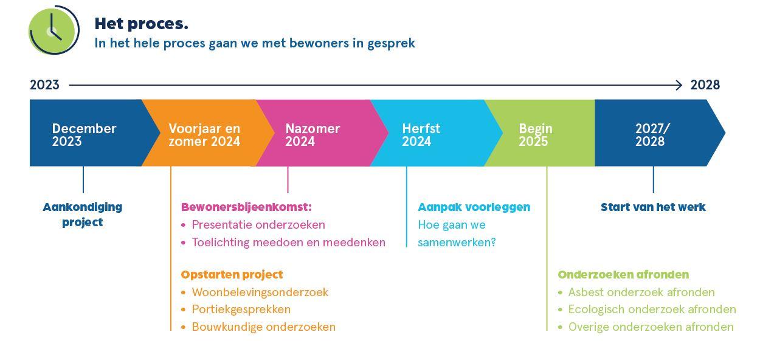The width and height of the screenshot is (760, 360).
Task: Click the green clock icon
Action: pyautogui.click(x=54, y=30)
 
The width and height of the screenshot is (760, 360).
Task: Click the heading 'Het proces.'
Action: pyautogui.click(x=141, y=24)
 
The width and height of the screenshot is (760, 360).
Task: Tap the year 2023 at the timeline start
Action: pyautogui.click(x=44, y=85)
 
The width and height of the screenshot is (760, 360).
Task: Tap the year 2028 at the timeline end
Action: pyautogui.click(x=705, y=85)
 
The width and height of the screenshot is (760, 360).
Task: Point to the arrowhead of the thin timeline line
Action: pyautogui.click(x=679, y=86)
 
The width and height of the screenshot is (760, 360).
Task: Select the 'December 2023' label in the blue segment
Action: pyautogui.click(x=84, y=135)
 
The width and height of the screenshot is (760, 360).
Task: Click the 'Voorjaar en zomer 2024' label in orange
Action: pyautogui.click(x=204, y=135)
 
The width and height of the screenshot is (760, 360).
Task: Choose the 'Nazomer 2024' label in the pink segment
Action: pyautogui.click(x=313, y=135)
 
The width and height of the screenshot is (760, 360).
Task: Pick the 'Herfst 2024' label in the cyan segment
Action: pyautogui.click(x=421, y=135)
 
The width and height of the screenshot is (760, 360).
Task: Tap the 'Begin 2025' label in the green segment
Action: pyautogui.click(x=535, y=135)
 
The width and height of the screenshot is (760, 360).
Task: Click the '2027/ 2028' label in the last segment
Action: pyautogui.click(x=652, y=135)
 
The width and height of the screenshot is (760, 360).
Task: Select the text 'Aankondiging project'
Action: pyautogui.click(x=83, y=215)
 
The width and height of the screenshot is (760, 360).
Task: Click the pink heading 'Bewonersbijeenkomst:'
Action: pyautogui.click(x=246, y=207)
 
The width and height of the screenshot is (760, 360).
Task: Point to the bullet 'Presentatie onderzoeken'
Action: pyautogui.click(x=258, y=225)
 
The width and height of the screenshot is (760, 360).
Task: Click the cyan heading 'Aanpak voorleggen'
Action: pyautogui.click(x=474, y=207)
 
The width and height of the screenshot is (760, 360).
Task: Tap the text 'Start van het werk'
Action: pyautogui.click(x=653, y=207)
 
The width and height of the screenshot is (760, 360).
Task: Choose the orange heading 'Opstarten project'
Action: pyautogui.click(x=232, y=275)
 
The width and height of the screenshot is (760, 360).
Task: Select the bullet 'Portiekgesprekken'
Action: pyautogui.click(x=241, y=310)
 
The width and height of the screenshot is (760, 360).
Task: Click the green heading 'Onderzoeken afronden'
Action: pyautogui.click(x=623, y=275)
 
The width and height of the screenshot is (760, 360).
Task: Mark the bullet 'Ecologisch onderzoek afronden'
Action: pyautogui.click(x=652, y=310)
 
